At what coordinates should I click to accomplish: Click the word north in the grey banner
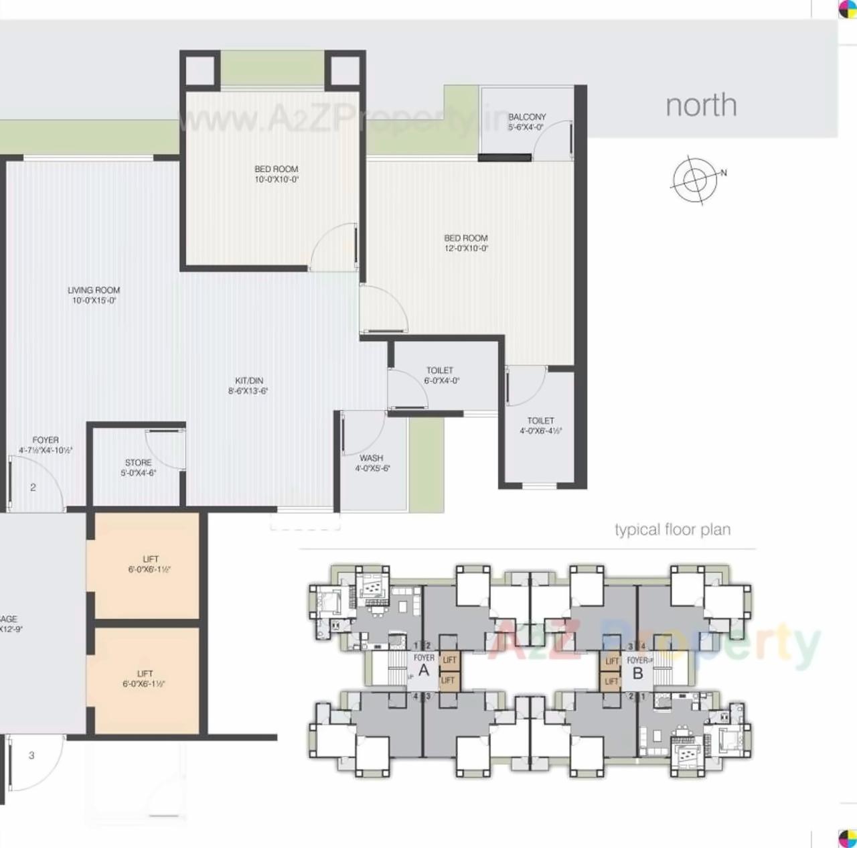tap(701, 106)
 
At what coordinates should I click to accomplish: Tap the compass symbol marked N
tap(696, 180)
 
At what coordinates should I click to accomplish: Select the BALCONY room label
tap(527, 121)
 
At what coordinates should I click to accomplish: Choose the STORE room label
tap(139, 468)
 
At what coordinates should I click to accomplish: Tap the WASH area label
tap(372, 463)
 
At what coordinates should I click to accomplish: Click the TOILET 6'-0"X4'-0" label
tap(441, 375)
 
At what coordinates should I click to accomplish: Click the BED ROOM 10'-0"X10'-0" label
tap(277, 174)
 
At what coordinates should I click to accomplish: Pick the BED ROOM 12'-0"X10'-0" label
tap(466, 243)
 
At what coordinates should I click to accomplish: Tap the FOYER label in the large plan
tap(46, 445)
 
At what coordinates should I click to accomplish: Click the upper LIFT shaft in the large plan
tap(149, 564)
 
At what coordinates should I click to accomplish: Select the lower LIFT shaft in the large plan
tap(144, 679)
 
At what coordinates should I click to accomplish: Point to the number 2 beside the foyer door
tap(33, 488)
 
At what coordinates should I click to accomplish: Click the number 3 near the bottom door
tap(31, 756)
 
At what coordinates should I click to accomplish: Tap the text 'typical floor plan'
tap(672, 530)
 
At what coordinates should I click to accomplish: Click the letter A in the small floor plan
tap(424, 670)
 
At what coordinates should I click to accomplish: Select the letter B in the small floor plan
tap(637, 674)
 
